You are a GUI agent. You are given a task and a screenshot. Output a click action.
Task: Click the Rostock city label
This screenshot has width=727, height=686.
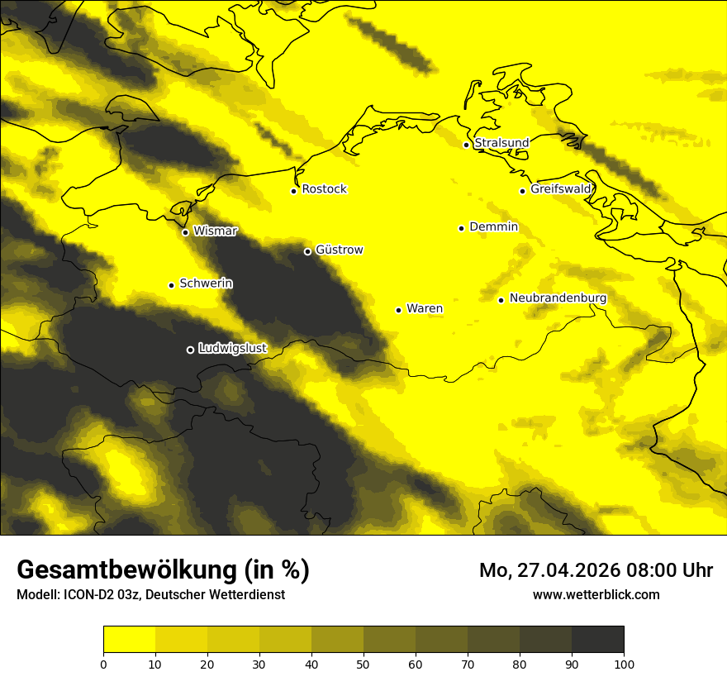click(324, 189)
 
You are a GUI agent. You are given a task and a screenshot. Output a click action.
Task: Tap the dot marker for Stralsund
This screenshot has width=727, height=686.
click(466, 145)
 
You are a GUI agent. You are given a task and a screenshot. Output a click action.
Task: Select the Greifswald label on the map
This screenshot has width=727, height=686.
click(561, 189)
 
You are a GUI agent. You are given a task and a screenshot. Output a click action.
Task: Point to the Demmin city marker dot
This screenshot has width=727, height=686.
click(461, 228)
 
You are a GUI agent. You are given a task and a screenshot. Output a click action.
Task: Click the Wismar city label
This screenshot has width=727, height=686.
click(215, 231)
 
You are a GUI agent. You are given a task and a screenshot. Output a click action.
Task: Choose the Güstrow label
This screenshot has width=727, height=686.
click(339, 250)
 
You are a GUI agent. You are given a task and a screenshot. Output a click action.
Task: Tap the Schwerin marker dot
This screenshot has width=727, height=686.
click(171, 285)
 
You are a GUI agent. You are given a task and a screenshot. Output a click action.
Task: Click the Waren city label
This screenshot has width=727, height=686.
click(424, 309)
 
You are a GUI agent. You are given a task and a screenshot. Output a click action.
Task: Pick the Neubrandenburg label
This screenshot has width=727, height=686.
click(558, 298)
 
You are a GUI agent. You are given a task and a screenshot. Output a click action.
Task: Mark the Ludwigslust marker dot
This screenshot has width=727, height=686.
click(190, 350)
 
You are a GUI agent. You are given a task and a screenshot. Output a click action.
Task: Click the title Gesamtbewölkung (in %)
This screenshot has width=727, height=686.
click(163, 570)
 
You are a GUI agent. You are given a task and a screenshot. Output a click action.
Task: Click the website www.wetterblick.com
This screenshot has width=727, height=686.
click(596, 594)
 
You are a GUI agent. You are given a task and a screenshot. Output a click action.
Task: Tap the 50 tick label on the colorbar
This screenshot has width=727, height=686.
click(363, 664)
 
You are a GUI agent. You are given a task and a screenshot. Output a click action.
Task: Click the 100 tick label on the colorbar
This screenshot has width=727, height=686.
click(623, 664)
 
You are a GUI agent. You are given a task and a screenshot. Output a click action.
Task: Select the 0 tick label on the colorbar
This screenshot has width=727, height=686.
click(103, 664)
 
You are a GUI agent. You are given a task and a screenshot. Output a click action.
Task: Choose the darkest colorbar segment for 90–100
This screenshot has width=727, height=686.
click(597, 640)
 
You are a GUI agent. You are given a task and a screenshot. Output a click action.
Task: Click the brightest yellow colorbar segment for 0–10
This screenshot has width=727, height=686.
click(129, 640)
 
